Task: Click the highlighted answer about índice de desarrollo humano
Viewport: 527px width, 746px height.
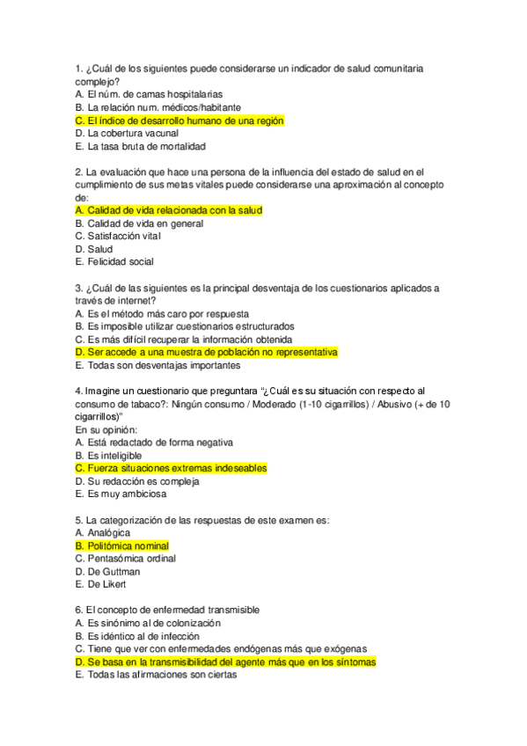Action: tap(179, 121)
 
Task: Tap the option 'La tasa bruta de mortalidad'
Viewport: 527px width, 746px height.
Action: tap(141, 147)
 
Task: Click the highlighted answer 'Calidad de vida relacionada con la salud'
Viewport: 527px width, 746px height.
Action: tap(169, 210)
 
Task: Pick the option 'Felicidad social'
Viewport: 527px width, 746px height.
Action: tap(114, 261)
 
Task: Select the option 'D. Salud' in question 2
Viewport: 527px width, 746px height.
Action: tap(94, 249)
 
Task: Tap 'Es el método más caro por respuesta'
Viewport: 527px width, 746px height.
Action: tap(162, 313)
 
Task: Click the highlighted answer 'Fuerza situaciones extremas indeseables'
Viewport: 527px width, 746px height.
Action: tap(171, 468)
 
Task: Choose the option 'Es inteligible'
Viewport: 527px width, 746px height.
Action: tap(109, 455)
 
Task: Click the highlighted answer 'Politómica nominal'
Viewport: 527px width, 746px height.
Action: tap(122, 545)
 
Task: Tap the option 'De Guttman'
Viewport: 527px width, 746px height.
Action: tap(107, 571)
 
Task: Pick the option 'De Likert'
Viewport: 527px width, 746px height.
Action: tap(100, 584)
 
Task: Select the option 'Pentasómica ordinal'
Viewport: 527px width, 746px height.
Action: tap(125, 558)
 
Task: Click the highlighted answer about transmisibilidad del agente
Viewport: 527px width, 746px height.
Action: tap(226, 662)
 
